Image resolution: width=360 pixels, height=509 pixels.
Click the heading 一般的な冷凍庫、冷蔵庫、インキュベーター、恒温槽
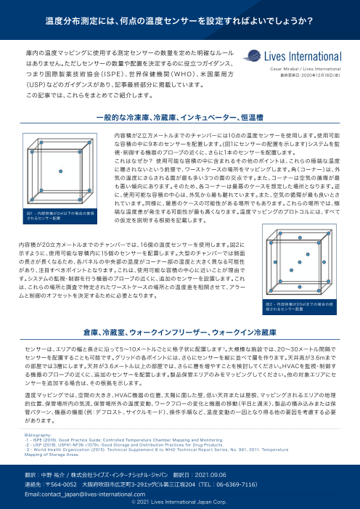click(x=179, y=116)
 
